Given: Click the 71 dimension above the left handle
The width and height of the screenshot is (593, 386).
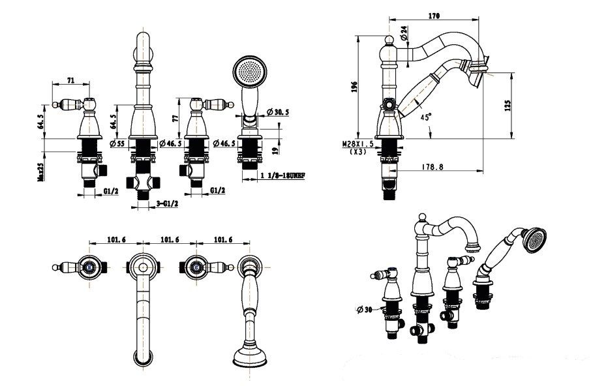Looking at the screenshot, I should pos(70,82).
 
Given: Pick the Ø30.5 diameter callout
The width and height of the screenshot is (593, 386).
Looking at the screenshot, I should pos(278,112).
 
